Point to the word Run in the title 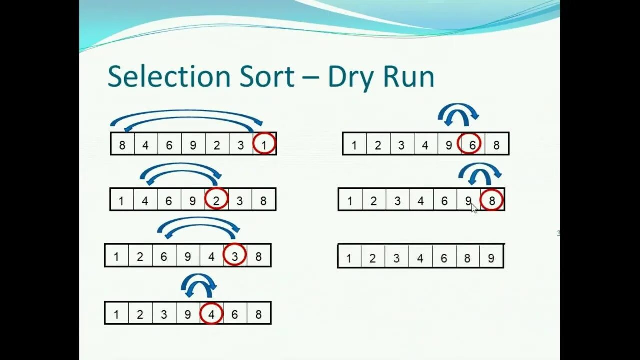click(408, 77)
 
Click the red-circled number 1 click(264, 145)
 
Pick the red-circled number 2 click(216, 201)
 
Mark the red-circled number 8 click(492, 201)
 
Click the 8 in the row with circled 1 click(122, 145)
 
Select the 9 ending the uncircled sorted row click(491, 258)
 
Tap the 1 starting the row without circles click(349, 258)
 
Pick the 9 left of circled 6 click(448, 145)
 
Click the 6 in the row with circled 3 click(163, 257)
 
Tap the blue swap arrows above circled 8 click(480, 174)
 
